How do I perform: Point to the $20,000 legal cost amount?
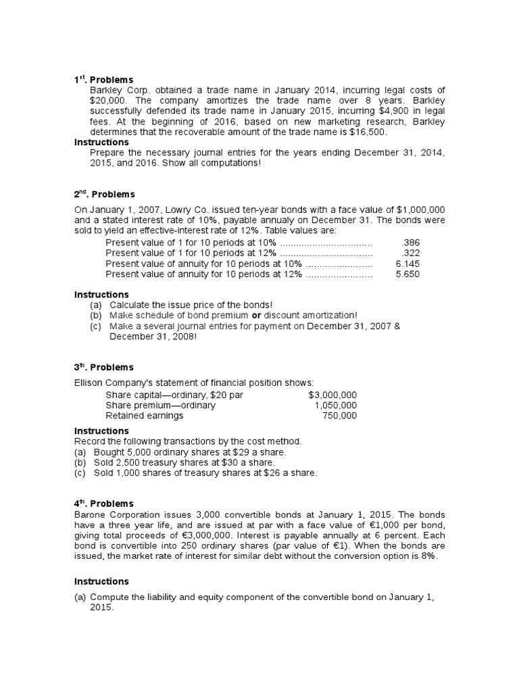pos(108,101)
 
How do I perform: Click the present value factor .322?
pos(410,253)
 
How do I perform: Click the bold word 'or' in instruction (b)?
pos(257,316)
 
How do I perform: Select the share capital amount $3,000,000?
pos(332,395)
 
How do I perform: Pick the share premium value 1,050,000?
pos(336,405)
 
